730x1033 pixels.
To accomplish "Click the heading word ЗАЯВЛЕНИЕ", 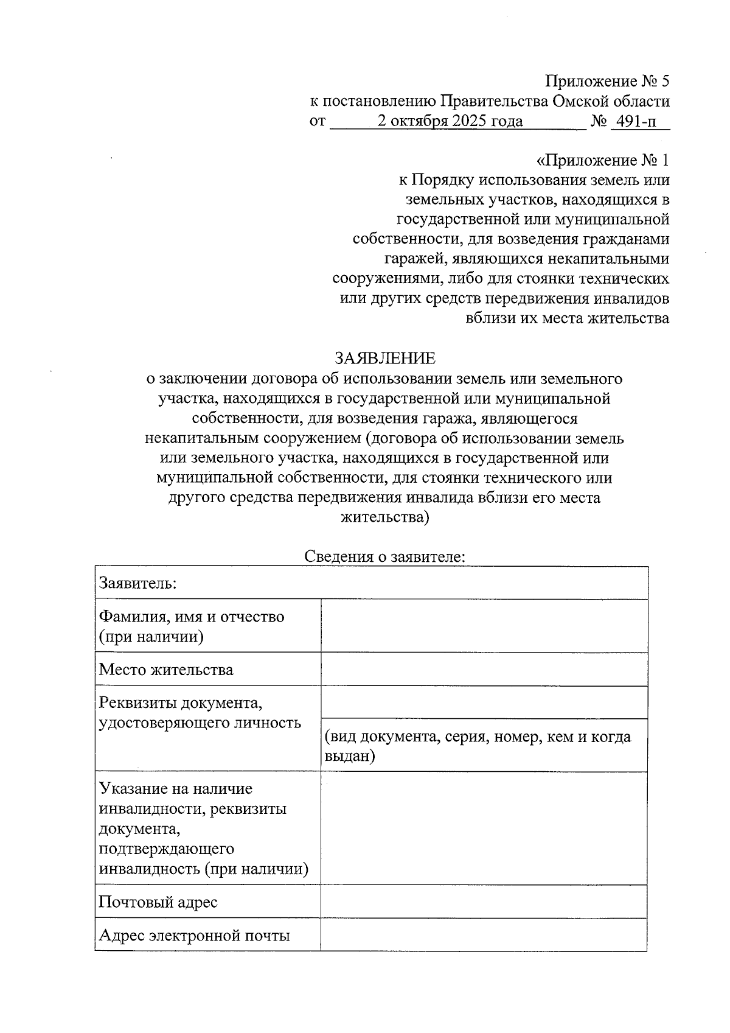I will [x=386, y=358].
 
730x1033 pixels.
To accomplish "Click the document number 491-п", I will [x=636, y=121].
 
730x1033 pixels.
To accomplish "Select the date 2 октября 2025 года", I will [x=450, y=121].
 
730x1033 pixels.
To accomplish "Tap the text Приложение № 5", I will [x=607, y=81].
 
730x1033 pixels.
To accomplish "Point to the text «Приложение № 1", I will [x=602, y=161].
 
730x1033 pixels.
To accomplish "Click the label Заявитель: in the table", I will [x=138, y=583].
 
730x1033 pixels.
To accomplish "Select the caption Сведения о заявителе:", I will [x=385, y=556].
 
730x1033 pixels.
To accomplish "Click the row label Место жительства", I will [x=166, y=670].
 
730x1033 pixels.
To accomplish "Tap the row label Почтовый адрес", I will [x=158, y=902].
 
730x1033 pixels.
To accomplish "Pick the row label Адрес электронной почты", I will [x=194, y=935].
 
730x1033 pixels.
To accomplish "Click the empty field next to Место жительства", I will [x=484, y=669].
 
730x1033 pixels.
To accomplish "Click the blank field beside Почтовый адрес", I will [x=484, y=902].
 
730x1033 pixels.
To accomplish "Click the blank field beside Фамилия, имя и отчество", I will [x=484, y=626].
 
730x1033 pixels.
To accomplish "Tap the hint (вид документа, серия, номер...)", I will [x=478, y=746].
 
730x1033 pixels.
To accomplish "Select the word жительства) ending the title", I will [x=385, y=517].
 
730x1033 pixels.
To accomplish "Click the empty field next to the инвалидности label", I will [x=484, y=828].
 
